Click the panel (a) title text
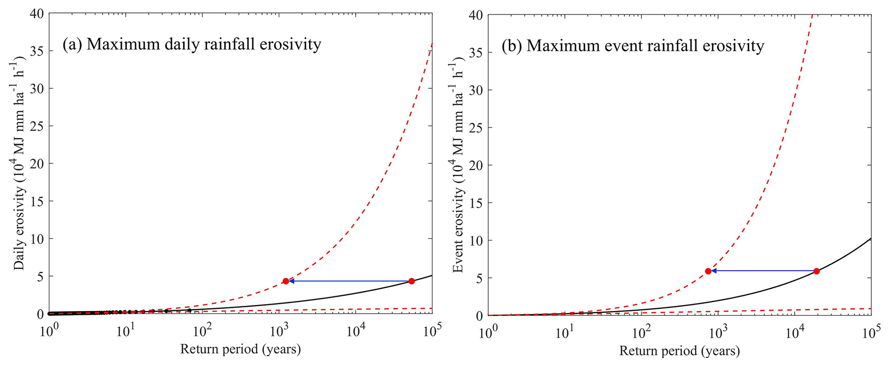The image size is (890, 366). [192, 44]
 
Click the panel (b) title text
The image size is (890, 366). [633, 46]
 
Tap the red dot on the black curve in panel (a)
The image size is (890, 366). [412, 281]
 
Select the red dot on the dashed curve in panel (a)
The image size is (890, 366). [286, 281]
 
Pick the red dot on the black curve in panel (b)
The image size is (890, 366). [816, 271]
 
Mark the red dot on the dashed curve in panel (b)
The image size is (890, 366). [708, 271]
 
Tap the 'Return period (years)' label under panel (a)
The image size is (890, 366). [240, 349]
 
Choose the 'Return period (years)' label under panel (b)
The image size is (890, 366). [679, 351]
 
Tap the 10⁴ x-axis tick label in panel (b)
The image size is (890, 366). [794, 332]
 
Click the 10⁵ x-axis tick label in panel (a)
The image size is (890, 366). [431, 331]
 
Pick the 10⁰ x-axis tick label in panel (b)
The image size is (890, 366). [488, 332]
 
